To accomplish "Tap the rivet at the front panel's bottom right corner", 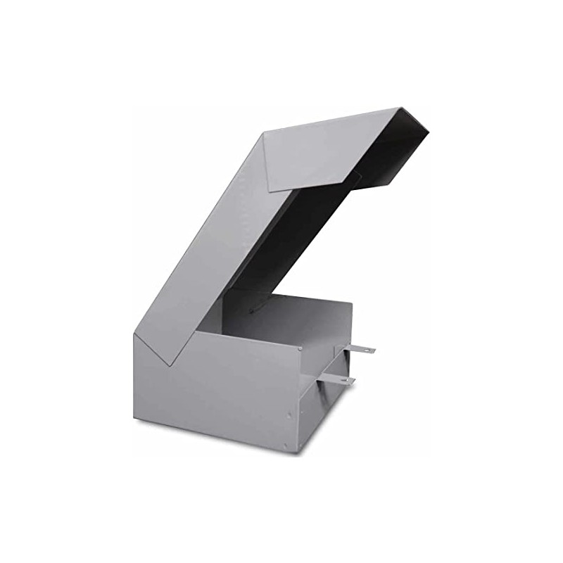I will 285,445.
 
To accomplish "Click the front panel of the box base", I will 218,394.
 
